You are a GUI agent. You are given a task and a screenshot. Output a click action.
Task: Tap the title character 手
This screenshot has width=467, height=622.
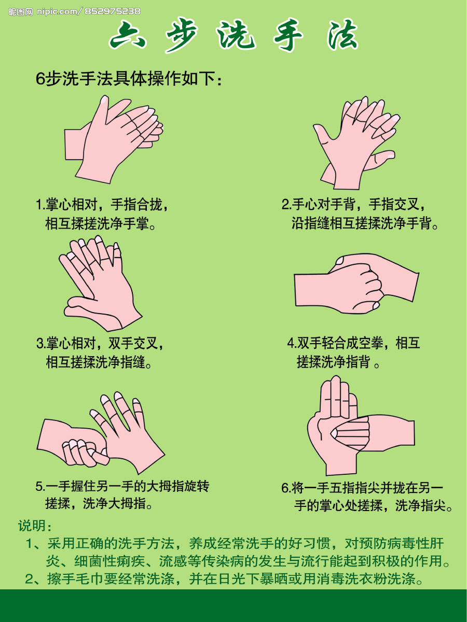coord(289,35)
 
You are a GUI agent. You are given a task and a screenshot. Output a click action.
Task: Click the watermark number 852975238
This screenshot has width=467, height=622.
coord(112,11)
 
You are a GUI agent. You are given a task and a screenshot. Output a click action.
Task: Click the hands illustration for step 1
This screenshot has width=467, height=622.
coord(114,139)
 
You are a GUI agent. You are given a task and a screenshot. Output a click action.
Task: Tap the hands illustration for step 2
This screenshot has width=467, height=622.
coord(356,143)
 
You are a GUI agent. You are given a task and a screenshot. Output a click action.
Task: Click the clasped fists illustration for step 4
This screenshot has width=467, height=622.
coord(356,284)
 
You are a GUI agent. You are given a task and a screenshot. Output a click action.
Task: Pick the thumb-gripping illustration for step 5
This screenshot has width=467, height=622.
coord(101,433)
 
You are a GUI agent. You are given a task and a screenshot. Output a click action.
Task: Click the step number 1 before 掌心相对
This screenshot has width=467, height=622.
coord(39,205)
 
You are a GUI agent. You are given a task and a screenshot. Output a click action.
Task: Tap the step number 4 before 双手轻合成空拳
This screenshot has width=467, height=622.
coord(291,343)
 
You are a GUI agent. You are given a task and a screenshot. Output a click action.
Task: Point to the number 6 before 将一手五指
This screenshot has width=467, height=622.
coord(285,488)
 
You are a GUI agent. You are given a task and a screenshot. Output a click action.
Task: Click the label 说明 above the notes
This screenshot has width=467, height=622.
coord(31,526)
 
